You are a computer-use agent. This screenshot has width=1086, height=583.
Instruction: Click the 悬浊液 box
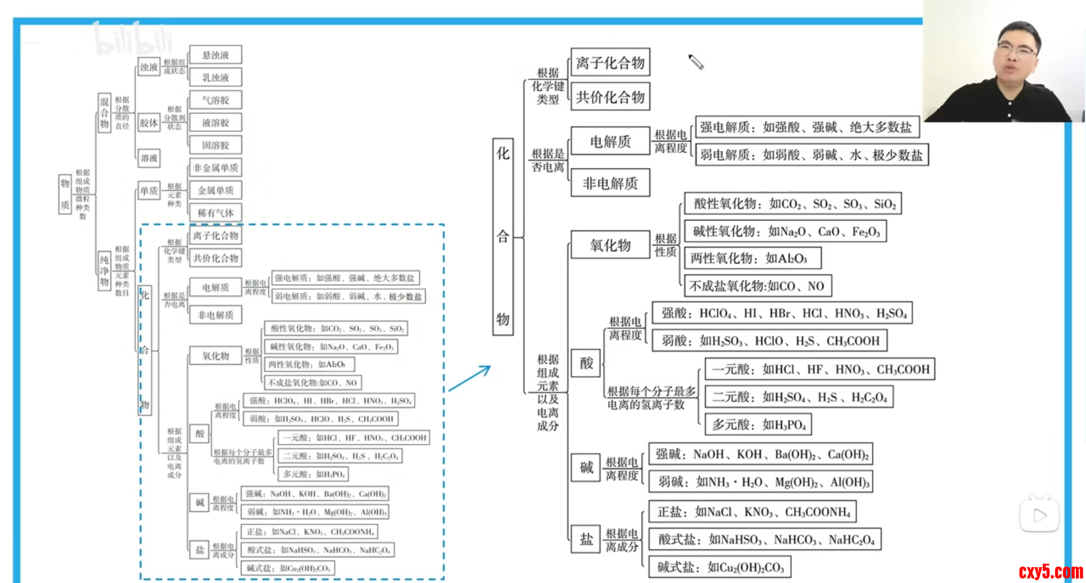click(x=216, y=55)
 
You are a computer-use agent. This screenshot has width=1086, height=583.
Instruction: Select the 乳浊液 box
click(x=216, y=78)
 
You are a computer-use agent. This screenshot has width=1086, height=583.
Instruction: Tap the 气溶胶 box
click(x=216, y=100)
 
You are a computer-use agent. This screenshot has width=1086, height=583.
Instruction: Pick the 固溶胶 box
click(x=216, y=145)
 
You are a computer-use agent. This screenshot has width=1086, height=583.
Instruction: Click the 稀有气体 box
click(x=216, y=213)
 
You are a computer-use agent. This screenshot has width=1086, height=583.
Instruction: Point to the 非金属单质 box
click(x=216, y=168)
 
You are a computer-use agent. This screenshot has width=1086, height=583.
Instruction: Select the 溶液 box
click(x=149, y=158)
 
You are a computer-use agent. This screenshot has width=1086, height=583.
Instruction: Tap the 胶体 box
click(x=149, y=123)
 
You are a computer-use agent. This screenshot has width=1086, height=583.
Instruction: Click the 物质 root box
click(x=65, y=194)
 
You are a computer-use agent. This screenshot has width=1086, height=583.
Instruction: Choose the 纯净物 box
click(x=105, y=271)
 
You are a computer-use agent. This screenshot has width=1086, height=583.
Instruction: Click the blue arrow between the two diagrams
click(x=469, y=378)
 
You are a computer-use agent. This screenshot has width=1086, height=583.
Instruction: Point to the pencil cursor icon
click(x=696, y=62)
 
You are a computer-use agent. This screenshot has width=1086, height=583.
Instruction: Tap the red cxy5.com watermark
click(x=1050, y=572)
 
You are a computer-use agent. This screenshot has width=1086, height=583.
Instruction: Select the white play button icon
click(x=1040, y=516)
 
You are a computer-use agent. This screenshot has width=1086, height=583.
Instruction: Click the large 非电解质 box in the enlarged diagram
click(x=610, y=183)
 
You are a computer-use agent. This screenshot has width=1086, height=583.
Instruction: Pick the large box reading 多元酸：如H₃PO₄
click(x=758, y=425)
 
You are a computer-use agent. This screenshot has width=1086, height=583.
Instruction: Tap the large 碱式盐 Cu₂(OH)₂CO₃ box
click(x=719, y=567)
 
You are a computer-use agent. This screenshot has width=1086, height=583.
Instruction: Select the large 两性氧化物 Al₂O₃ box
click(x=752, y=259)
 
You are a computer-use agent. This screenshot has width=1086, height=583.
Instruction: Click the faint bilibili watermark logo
click(x=133, y=40)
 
